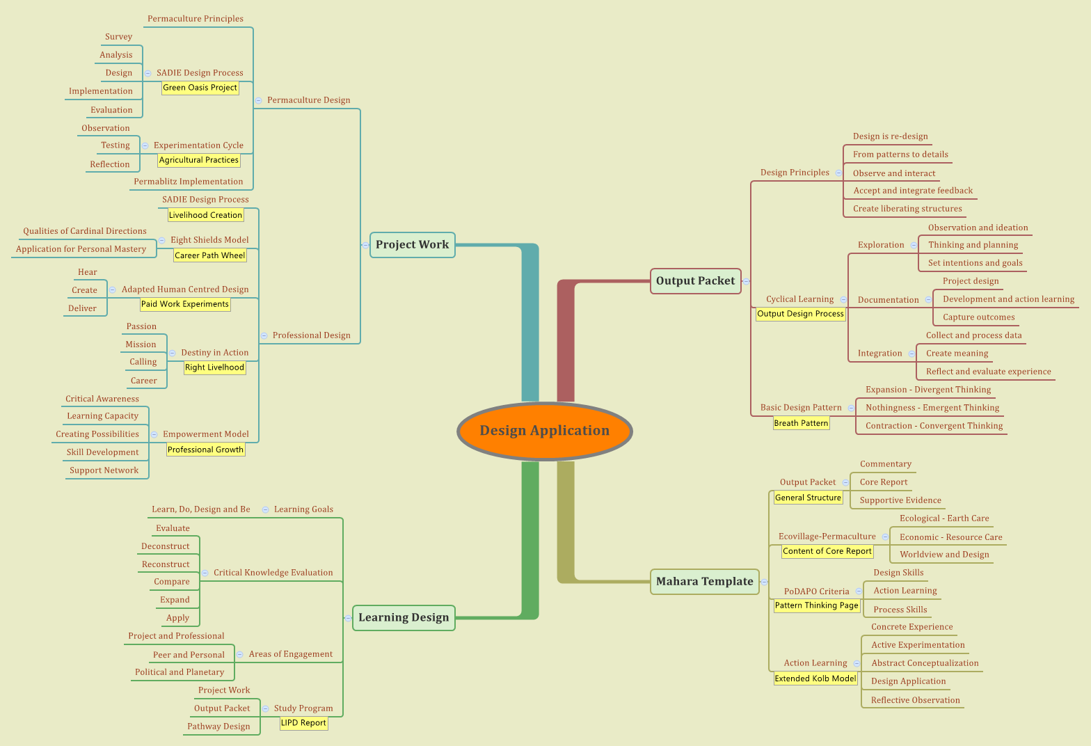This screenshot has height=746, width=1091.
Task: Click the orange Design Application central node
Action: click(544, 431)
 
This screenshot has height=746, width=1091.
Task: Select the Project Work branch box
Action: click(413, 244)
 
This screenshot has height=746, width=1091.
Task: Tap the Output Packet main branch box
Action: click(695, 281)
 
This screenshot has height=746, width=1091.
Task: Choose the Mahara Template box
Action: click(704, 582)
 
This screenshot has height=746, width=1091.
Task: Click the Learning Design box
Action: click(404, 618)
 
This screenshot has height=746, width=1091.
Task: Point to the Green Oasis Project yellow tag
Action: click(200, 88)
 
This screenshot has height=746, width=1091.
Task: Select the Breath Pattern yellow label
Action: click(801, 423)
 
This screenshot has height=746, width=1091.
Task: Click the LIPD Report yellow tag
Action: click(303, 723)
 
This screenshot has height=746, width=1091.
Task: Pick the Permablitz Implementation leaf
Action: click(188, 182)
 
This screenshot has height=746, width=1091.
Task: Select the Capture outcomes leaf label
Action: click(978, 317)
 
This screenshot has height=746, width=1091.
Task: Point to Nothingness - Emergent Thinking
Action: click(932, 408)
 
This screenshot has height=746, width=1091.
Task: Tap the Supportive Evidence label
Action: click(900, 500)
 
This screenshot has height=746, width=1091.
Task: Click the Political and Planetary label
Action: click(180, 672)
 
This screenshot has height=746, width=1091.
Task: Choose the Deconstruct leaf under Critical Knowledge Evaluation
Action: click(165, 546)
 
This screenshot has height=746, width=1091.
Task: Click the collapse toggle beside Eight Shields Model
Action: click(162, 240)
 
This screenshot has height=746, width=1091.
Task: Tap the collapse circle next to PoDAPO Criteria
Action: click(859, 592)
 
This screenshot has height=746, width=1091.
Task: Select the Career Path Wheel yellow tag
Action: click(209, 255)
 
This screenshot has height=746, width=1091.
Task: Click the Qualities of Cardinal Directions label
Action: click(84, 231)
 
